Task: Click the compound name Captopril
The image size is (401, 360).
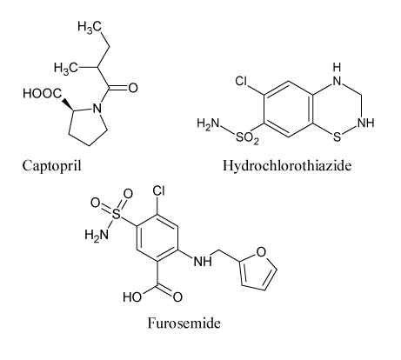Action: point(52,166)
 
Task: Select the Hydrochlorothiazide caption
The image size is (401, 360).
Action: point(287,166)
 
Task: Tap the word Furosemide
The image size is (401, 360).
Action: point(184,323)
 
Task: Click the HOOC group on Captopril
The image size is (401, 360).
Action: point(43,94)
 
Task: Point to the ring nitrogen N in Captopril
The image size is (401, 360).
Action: point(97,109)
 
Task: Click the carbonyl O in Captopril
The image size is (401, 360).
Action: point(133,88)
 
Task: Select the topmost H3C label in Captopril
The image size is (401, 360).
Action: point(90,27)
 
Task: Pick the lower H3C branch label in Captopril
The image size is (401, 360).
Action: point(66,68)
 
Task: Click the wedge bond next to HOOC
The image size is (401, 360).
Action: point(68,105)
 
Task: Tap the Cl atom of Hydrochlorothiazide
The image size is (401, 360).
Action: point(241,82)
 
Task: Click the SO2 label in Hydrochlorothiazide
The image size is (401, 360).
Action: point(247,138)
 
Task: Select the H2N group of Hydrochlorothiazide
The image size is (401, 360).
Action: point(208,123)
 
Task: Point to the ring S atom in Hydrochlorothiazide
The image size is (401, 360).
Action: point(337,137)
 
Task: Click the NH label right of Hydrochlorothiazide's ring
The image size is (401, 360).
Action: point(366,123)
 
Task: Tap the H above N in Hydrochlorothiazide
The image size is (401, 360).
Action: point(337,68)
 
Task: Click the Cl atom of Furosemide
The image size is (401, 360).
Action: point(158,191)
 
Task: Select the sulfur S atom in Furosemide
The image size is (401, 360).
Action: point(116,215)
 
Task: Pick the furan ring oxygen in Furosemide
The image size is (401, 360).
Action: point(261,252)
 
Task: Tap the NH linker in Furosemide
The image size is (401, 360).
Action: point(203,262)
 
